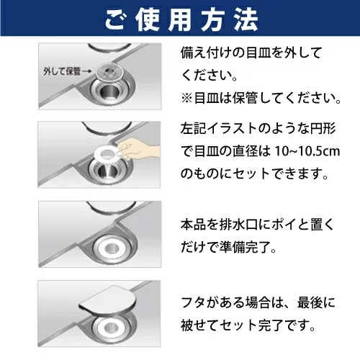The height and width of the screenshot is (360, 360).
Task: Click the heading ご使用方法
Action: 181,19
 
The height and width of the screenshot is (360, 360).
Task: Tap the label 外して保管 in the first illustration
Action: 62,71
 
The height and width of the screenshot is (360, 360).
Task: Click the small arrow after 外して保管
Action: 87,71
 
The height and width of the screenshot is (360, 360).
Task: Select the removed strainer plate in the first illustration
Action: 109,71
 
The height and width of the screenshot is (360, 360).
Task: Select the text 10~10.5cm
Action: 307,151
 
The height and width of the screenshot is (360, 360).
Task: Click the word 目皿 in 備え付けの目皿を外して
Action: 259,53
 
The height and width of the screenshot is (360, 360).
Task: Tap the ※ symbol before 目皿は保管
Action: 186,99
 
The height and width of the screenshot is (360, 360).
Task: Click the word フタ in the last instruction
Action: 193,302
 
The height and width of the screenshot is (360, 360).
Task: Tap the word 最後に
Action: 316,302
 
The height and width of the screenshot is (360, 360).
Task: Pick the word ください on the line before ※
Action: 207,76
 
